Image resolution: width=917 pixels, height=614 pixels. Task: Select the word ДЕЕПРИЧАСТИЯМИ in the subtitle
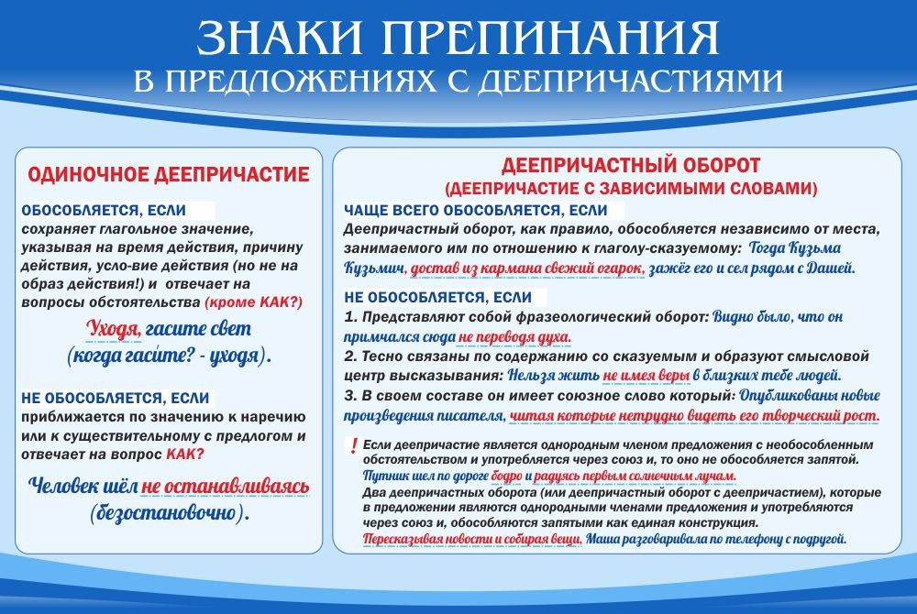(633, 80)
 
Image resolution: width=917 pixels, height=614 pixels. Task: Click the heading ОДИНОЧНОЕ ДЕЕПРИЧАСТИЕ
(169, 174)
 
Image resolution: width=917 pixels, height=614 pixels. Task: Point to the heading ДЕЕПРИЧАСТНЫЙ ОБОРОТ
(631, 166)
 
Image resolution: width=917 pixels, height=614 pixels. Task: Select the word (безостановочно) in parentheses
(169, 513)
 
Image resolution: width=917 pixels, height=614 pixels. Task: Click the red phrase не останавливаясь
(226, 486)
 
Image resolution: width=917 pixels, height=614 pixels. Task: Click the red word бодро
(507, 477)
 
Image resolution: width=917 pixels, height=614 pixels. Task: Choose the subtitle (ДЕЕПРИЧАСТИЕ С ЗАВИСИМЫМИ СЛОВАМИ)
(631, 190)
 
